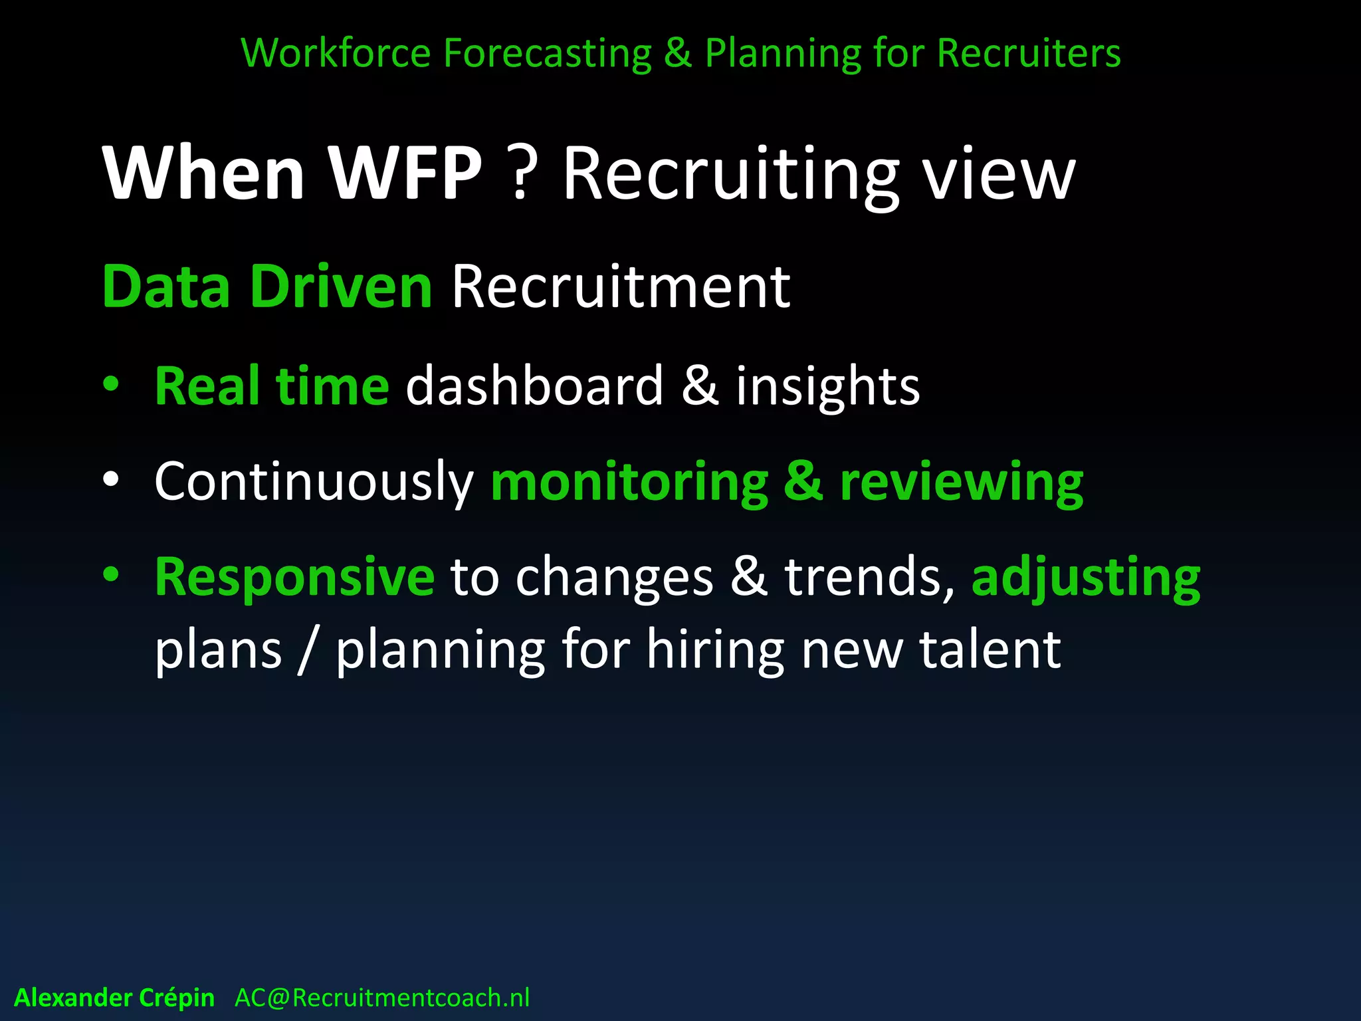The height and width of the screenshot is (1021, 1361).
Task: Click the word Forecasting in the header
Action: click(x=547, y=53)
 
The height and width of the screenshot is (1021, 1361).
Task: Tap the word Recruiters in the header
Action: click(x=1029, y=53)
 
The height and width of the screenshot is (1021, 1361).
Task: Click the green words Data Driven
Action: click(x=267, y=287)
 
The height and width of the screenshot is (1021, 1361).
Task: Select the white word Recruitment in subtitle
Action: click(x=621, y=287)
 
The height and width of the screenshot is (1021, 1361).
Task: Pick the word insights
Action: click(x=827, y=387)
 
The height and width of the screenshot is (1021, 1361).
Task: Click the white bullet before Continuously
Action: click(x=111, y=479)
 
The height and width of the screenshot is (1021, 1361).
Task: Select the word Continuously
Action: click(x=314, y=481)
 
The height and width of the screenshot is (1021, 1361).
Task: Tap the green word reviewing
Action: click(x=962, y=483)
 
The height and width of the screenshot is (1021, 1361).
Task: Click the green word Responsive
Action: click(x=294, y=577)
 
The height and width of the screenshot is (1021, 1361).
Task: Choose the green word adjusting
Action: click(x=1086, y=577)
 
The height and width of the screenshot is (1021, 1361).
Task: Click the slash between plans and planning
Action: click(x=307, y=650)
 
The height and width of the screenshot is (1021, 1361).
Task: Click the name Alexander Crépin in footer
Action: click(x=114, y=998)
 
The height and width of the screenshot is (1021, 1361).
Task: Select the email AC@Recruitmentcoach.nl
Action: click(x=382, y=998)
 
